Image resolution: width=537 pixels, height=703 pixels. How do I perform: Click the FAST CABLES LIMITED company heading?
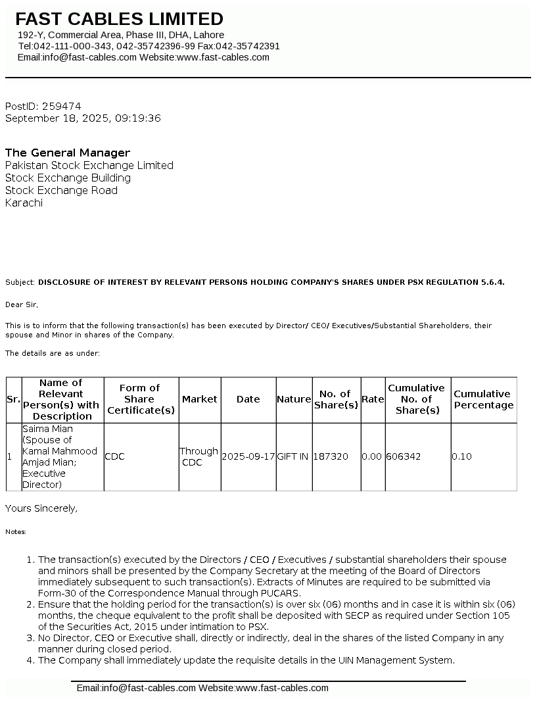[x=120, y=19]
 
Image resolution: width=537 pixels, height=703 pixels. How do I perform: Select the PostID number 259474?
[x=61, y=106]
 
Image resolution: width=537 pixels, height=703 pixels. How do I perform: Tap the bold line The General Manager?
[x=68, y=153]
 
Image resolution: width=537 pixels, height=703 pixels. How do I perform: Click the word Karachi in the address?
[x=24, y=203]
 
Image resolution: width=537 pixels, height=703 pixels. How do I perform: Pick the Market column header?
[x=200, y=399]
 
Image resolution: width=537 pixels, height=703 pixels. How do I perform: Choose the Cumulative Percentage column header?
[x=484, y=399]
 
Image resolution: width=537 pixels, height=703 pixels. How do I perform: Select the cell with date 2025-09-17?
[x=248, y=456]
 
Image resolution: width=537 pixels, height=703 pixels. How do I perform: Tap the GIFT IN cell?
[x=293, y=456]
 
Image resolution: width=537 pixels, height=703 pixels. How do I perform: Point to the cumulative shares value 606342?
[x=404, y=456]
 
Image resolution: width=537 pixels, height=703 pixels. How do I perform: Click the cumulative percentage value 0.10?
[x=461, y=456]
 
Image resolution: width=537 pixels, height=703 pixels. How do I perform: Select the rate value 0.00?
[x=372, y=456]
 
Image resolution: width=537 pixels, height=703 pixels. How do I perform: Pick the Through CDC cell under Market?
[x=199, y=456]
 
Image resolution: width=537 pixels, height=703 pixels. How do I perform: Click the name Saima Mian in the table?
[x=48, y=429]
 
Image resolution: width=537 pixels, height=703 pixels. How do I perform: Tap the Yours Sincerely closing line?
[x=41, y=508]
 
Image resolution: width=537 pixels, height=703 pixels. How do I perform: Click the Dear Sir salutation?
[x=22, y=304]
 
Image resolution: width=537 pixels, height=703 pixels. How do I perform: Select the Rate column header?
[x=373, y=399]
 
